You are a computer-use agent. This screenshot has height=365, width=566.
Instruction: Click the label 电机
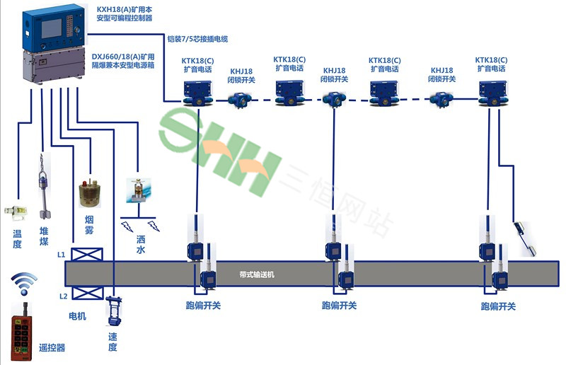click(x=76, y=316)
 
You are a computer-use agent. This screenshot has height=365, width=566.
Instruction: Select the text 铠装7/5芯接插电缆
click(x=197, y=38)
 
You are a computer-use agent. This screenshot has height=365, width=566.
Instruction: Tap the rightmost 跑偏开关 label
click(x=498, y=306)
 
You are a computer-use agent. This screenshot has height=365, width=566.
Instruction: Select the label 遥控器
click(x=51, y=347)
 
